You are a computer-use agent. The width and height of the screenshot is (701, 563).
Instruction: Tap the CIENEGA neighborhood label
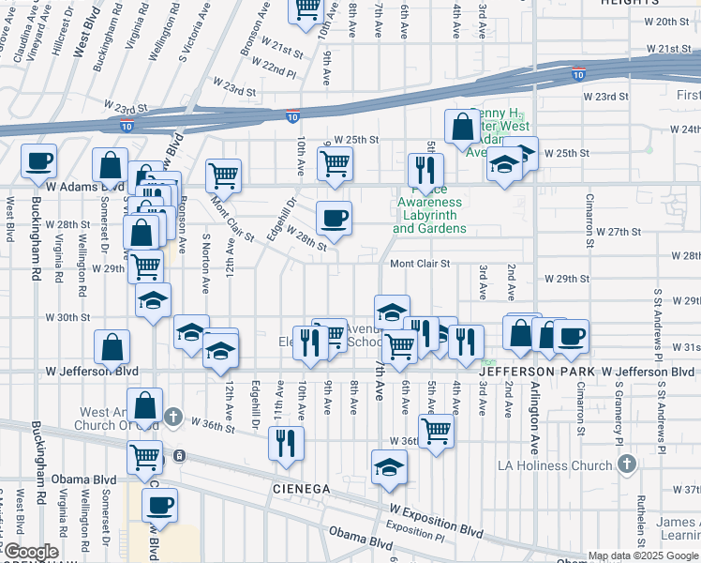coord(303,489)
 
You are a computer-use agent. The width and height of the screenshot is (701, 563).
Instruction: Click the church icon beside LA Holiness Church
coord(626,464)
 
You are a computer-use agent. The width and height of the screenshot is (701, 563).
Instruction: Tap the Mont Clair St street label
coord(421,264)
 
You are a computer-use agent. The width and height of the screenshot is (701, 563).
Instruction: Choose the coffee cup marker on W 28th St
coord(334,219)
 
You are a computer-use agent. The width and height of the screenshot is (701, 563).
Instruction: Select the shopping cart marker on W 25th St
coord(335,162)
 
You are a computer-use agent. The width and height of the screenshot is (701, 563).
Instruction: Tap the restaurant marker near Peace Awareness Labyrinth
coord(425,169)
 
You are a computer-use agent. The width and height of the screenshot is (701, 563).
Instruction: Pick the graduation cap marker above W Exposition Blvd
coord(389,467)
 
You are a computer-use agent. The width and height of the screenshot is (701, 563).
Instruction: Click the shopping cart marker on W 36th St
coord(436,432)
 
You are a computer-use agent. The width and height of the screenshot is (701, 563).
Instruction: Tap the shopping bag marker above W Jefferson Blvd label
coord(112,346)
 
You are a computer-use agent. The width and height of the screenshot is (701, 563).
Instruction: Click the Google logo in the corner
coord(31,552)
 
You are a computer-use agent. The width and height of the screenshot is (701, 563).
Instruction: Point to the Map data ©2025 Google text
coord(643,555)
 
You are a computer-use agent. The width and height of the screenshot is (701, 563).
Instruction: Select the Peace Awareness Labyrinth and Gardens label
coord(429,215)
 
